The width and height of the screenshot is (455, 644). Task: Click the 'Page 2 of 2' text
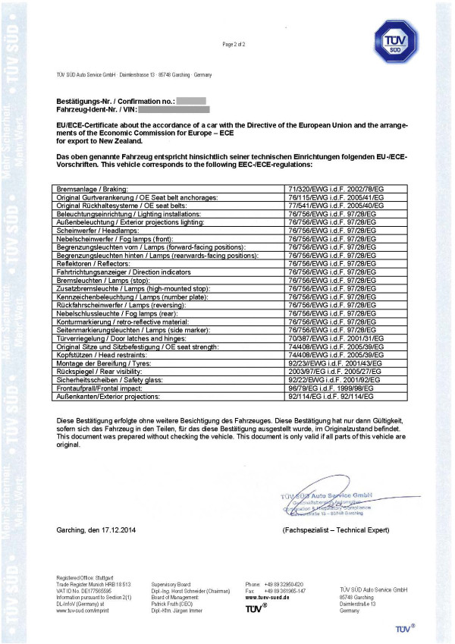click(x=234, y=45)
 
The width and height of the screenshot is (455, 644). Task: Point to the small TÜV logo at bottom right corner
click(x=405, y=629)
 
